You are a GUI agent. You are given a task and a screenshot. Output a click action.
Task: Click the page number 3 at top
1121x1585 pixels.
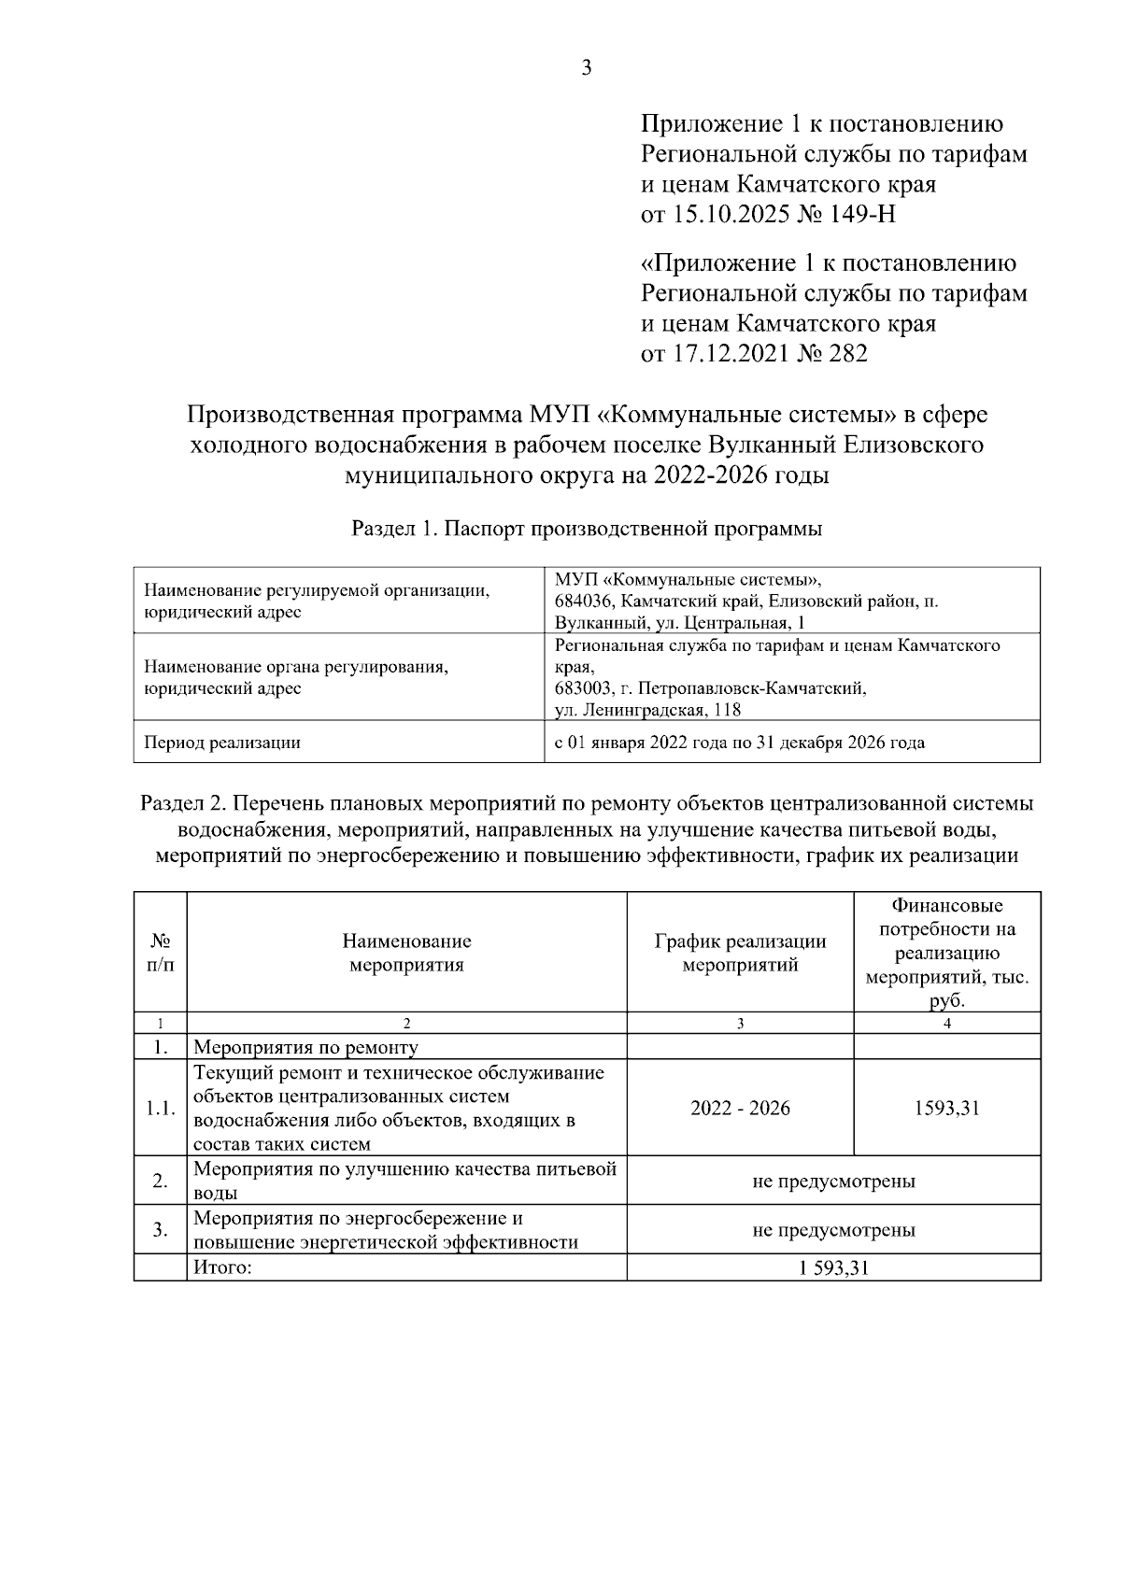(587, 67)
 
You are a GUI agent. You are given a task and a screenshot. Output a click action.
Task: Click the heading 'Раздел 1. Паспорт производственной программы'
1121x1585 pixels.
(586, 529)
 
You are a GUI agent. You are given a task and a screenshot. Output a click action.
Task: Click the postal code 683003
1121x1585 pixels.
(584, 689)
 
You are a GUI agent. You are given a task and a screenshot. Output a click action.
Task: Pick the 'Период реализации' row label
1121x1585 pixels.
(221, 743)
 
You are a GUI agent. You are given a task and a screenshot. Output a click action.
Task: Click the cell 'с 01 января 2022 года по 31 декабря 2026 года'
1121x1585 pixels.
(739, 743)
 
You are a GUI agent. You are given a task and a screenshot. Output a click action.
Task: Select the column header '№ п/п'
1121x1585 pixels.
(160, 953)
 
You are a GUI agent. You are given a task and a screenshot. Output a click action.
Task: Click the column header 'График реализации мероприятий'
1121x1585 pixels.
(740, 953)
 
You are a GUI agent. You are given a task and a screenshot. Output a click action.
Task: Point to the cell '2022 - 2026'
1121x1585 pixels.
(740, 1109)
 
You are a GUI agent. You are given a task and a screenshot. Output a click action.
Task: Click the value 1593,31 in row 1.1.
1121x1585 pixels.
(946, 1109)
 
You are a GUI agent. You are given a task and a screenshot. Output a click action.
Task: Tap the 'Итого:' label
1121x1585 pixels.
(223, 1268)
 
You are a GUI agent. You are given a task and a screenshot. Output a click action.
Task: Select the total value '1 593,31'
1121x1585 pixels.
(833, 1268)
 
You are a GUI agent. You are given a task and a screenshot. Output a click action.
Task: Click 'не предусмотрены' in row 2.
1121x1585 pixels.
(833, 1181)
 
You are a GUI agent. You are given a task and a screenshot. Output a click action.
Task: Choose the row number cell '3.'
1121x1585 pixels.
(160, 1229)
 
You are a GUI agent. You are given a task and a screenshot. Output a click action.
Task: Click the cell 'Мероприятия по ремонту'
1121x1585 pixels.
(305, 1048)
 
